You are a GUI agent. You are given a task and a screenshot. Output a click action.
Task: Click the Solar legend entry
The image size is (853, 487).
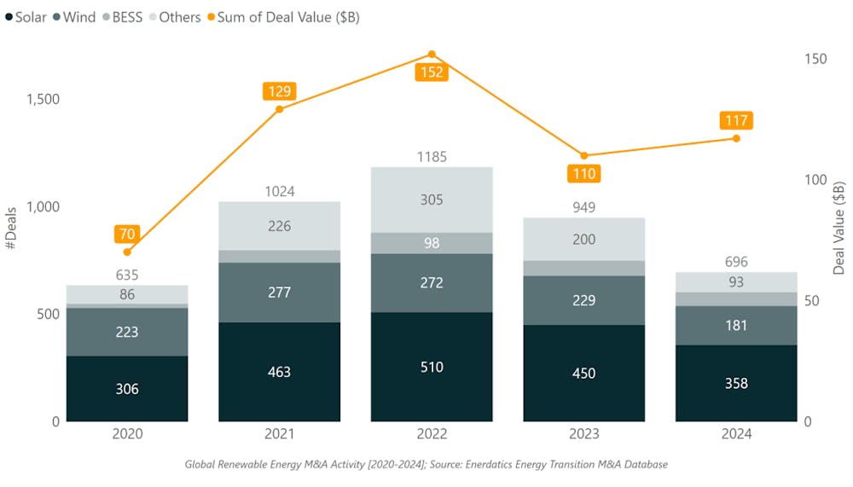pos(26,17)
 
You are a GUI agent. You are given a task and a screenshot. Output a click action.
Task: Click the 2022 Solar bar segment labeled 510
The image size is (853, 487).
pos(432,367)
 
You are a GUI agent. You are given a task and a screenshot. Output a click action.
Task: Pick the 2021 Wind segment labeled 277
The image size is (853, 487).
pos(279,293)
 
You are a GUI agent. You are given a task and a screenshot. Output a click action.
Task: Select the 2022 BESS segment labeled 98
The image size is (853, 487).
pos(432,243)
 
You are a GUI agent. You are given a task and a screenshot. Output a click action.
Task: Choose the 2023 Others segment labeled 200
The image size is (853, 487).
pos(584,240)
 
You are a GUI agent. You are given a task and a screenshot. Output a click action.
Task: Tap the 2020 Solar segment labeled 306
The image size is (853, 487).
pos(127,389)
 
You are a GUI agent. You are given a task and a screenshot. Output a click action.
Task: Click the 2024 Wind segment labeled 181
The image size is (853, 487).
pos(736,325)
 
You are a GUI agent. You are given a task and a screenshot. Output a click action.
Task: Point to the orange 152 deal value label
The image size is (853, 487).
pos(432,72)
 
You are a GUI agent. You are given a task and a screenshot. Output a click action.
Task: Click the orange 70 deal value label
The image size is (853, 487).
pos(127,233)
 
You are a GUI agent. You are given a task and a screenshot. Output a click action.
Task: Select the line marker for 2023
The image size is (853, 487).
pos(584,155)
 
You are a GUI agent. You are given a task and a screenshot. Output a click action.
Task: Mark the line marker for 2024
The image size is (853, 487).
pos(736,138)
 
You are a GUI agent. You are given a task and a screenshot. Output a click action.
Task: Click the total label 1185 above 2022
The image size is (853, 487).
pos(432,157)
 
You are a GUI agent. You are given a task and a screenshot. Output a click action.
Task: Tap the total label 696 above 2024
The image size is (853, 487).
pos(736,262)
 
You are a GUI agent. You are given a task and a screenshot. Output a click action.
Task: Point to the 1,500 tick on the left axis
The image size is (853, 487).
pos(43,99)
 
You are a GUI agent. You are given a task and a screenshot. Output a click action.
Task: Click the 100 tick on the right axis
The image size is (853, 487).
pos(815,180)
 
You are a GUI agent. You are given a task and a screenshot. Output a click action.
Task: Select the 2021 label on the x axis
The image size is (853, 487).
pos(279,434)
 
